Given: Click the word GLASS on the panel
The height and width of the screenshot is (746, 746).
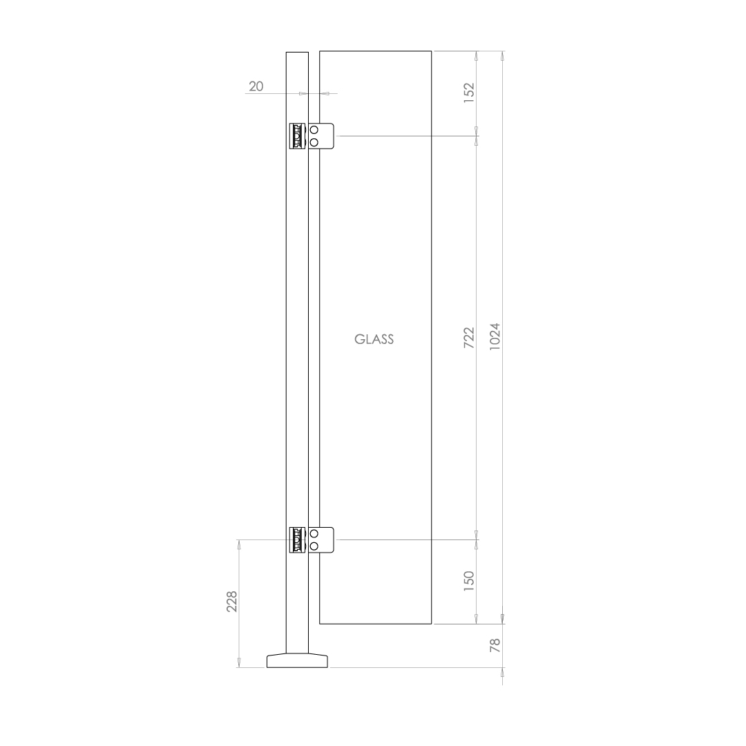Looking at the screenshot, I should click(x=374, y=339).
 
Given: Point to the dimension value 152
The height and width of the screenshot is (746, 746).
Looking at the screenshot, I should click(x=469, y=93).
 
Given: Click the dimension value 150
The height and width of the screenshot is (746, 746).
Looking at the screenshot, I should click(x=469, y=581).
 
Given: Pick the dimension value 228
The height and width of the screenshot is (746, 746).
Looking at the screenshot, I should click(x=232, y=602).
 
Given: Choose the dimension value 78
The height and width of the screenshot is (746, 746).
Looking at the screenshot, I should click(x=494, y=646).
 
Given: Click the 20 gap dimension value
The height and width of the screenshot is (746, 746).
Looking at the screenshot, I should click(x=256, y=86).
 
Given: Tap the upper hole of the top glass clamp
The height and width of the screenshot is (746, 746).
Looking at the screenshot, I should click(x=314, y=131).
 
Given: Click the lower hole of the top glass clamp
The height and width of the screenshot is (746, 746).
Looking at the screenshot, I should click(x=314, y=142).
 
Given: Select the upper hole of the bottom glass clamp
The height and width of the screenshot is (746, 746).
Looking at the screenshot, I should click(x=314, y=534).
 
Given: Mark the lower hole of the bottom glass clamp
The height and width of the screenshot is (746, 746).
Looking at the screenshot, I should click(x=314, y=546).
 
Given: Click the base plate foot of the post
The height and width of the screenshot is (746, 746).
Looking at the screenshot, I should click(x=298, y=660).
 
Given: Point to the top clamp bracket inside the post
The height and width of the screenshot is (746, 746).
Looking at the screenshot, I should click(x=298, y=136).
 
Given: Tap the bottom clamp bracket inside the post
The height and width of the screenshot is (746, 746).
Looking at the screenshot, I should click(x=298, y=540).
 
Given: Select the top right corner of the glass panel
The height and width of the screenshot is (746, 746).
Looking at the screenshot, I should click(x=432, y=51).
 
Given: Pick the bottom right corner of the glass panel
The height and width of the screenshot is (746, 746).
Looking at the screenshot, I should click(x=432, y=624).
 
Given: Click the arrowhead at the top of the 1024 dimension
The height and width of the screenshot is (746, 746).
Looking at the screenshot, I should click(x=502, y=56).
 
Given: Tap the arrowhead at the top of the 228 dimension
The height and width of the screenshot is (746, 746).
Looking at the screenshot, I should click(x=239, y=544).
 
